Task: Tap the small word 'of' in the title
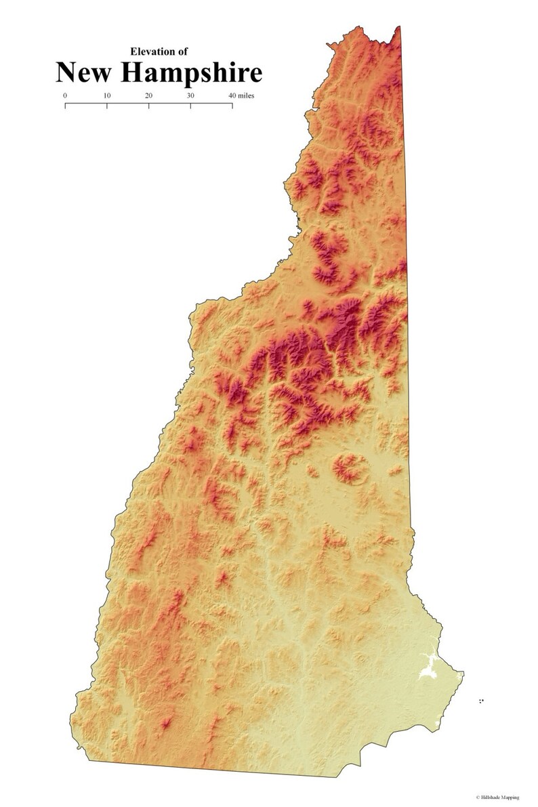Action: tap(183, 51)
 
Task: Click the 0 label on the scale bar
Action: tap(65, 96)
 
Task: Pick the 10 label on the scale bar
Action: tap(107, 96)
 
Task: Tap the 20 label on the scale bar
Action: tap(149, 96)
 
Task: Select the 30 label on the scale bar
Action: tap(190, 96)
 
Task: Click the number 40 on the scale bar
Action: tap(232, 96)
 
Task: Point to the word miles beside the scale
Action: tap(247, 96)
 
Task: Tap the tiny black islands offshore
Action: tap(481, 701)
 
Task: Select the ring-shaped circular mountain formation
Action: tap(350, 468)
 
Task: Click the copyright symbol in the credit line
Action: tap(478, 798)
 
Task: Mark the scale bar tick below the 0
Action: tap(65, 105)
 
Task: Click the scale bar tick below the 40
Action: tap(232, 105)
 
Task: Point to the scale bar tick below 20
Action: tap(149, 105)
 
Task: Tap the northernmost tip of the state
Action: tap(399, 26)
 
